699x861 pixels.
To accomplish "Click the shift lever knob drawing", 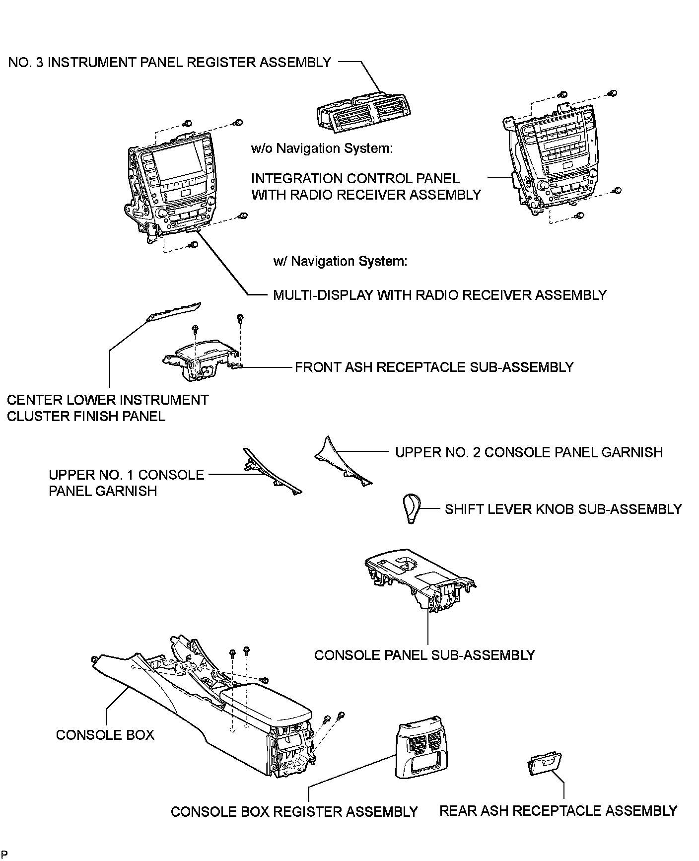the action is click(x=412, y=508).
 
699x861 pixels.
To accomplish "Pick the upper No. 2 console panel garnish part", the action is click(x=343, y=461).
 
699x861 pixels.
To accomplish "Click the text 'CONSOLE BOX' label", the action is click(x=105, y=735).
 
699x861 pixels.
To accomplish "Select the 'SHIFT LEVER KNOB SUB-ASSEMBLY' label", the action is click(x=563, y=509).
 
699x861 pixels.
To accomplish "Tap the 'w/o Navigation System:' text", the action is click(x=322, y=148).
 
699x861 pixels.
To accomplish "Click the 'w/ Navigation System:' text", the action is click(x=340, y=261).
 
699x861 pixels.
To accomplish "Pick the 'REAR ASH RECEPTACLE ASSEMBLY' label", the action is click(x=559, y=811).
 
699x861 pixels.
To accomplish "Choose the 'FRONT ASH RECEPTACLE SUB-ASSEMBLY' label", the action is click(x=434, y=367).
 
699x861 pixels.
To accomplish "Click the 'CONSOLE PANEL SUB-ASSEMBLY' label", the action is click(x=424, y=655).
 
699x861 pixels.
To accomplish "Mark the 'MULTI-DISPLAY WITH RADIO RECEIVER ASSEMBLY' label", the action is click(x=440, y=295).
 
